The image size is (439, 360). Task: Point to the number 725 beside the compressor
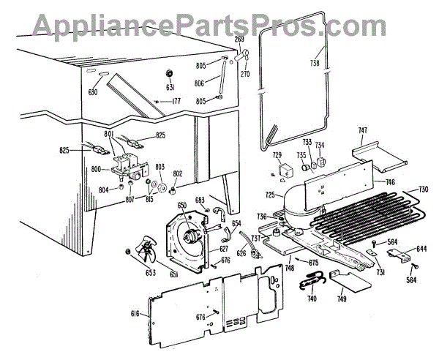pyautogui.click(x=269, y=195)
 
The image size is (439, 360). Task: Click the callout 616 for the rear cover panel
pyautogui.click(x=135, y=312)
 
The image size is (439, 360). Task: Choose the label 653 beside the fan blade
pyautogui.click(x=130, y=273)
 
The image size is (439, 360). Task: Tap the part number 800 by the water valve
pyautogui.click(x=95, y=169)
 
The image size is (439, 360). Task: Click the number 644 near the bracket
pyautogui.click(x=421, y=250)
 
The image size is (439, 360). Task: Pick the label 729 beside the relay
pyautogui.click(x=277, y=155)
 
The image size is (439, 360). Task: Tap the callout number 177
pyautogui.click(x=176, y=101)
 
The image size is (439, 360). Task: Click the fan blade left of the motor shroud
pyautogui.click(x=146, y=254)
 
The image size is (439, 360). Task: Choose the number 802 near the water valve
pyautogui.click(x=177, y=174)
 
